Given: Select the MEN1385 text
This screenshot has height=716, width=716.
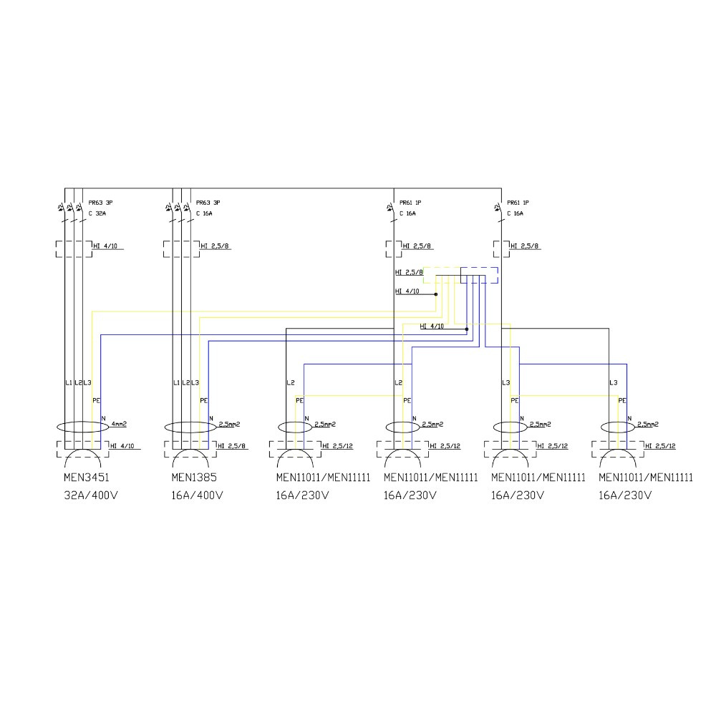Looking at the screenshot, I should pos(195,478).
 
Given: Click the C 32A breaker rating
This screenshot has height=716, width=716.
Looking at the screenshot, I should pos(97,213).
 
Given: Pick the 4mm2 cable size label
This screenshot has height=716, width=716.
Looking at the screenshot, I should pos(118,424).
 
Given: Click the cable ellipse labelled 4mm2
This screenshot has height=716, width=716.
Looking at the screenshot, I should pos(82,427).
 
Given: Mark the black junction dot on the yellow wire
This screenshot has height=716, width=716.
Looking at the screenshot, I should pos(435,294).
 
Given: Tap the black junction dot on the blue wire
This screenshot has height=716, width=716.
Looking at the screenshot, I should pos(467,329).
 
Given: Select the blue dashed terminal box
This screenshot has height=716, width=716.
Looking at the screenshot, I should pos(479,276).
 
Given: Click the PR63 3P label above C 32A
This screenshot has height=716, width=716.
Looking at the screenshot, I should pos(100,203).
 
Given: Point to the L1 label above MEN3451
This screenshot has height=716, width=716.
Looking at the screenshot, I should pos(68,383).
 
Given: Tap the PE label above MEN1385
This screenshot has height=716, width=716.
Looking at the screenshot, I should pos(203,401).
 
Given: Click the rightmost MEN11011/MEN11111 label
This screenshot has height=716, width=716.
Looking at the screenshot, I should pos(645,478).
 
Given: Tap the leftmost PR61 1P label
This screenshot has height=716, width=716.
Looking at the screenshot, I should pos(410,203).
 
